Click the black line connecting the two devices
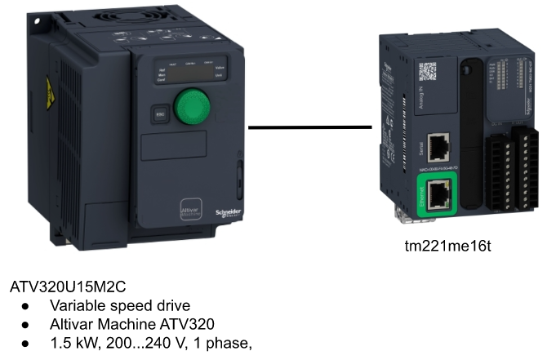point(309,127)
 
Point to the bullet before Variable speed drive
point(27,306)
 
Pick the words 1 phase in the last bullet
point(221,341)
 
